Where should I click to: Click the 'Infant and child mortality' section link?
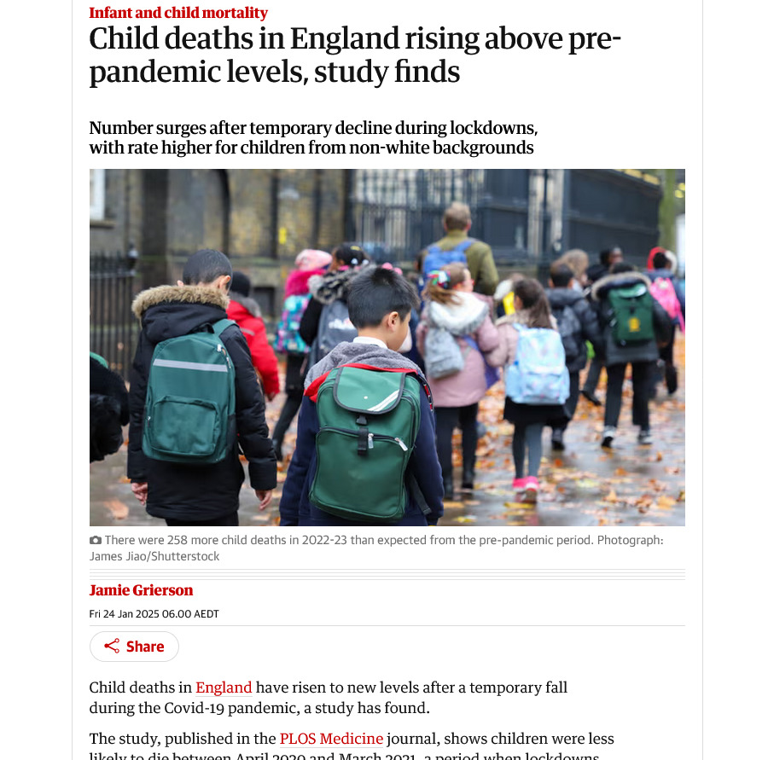[178, 13]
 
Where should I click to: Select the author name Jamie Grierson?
[141, 590]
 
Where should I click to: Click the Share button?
[134, 647]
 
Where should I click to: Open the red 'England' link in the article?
[224, 687]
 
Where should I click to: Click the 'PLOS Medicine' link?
[332, 739]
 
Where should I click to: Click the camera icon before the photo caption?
[96, 540]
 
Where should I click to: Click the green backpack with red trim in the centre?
[365, 442]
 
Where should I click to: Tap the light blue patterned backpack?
[536, 364]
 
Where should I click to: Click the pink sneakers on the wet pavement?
[526, 487]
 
